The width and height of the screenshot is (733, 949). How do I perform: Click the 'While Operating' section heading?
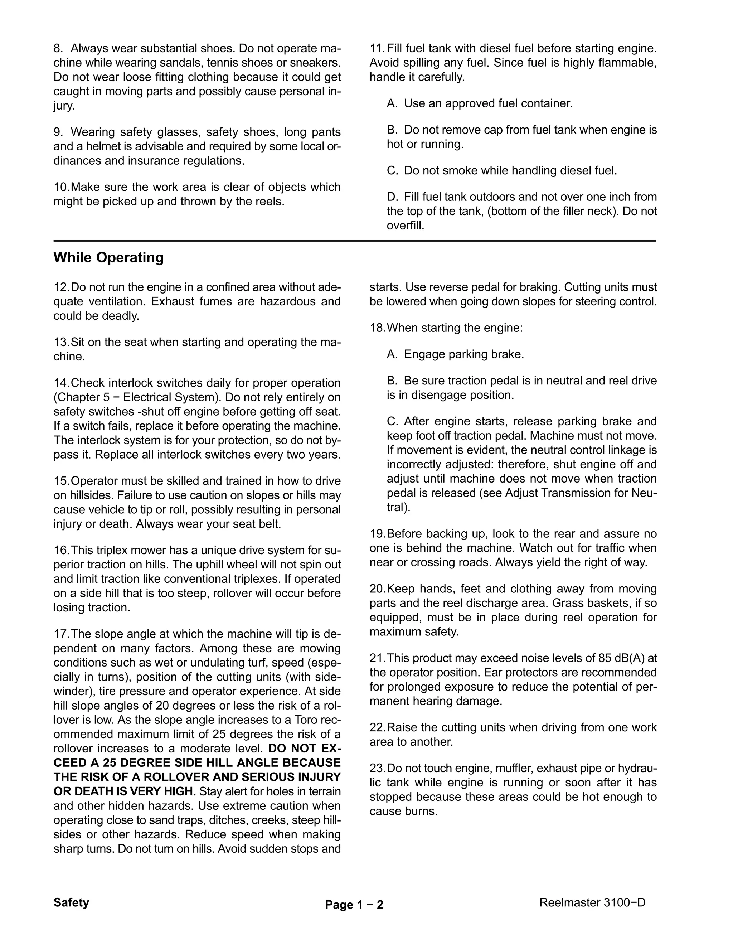pos(108,258)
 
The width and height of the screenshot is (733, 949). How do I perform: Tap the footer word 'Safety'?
pos(71,902)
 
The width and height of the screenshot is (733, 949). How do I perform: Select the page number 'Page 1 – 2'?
pos(354,905)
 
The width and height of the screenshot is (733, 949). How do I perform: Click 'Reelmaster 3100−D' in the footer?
pos(592,902)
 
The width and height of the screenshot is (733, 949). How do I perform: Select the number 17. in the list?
pos(61,634)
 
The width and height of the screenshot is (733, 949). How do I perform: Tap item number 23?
pos(378,768)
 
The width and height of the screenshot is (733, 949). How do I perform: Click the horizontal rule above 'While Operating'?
pos(354,241)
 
